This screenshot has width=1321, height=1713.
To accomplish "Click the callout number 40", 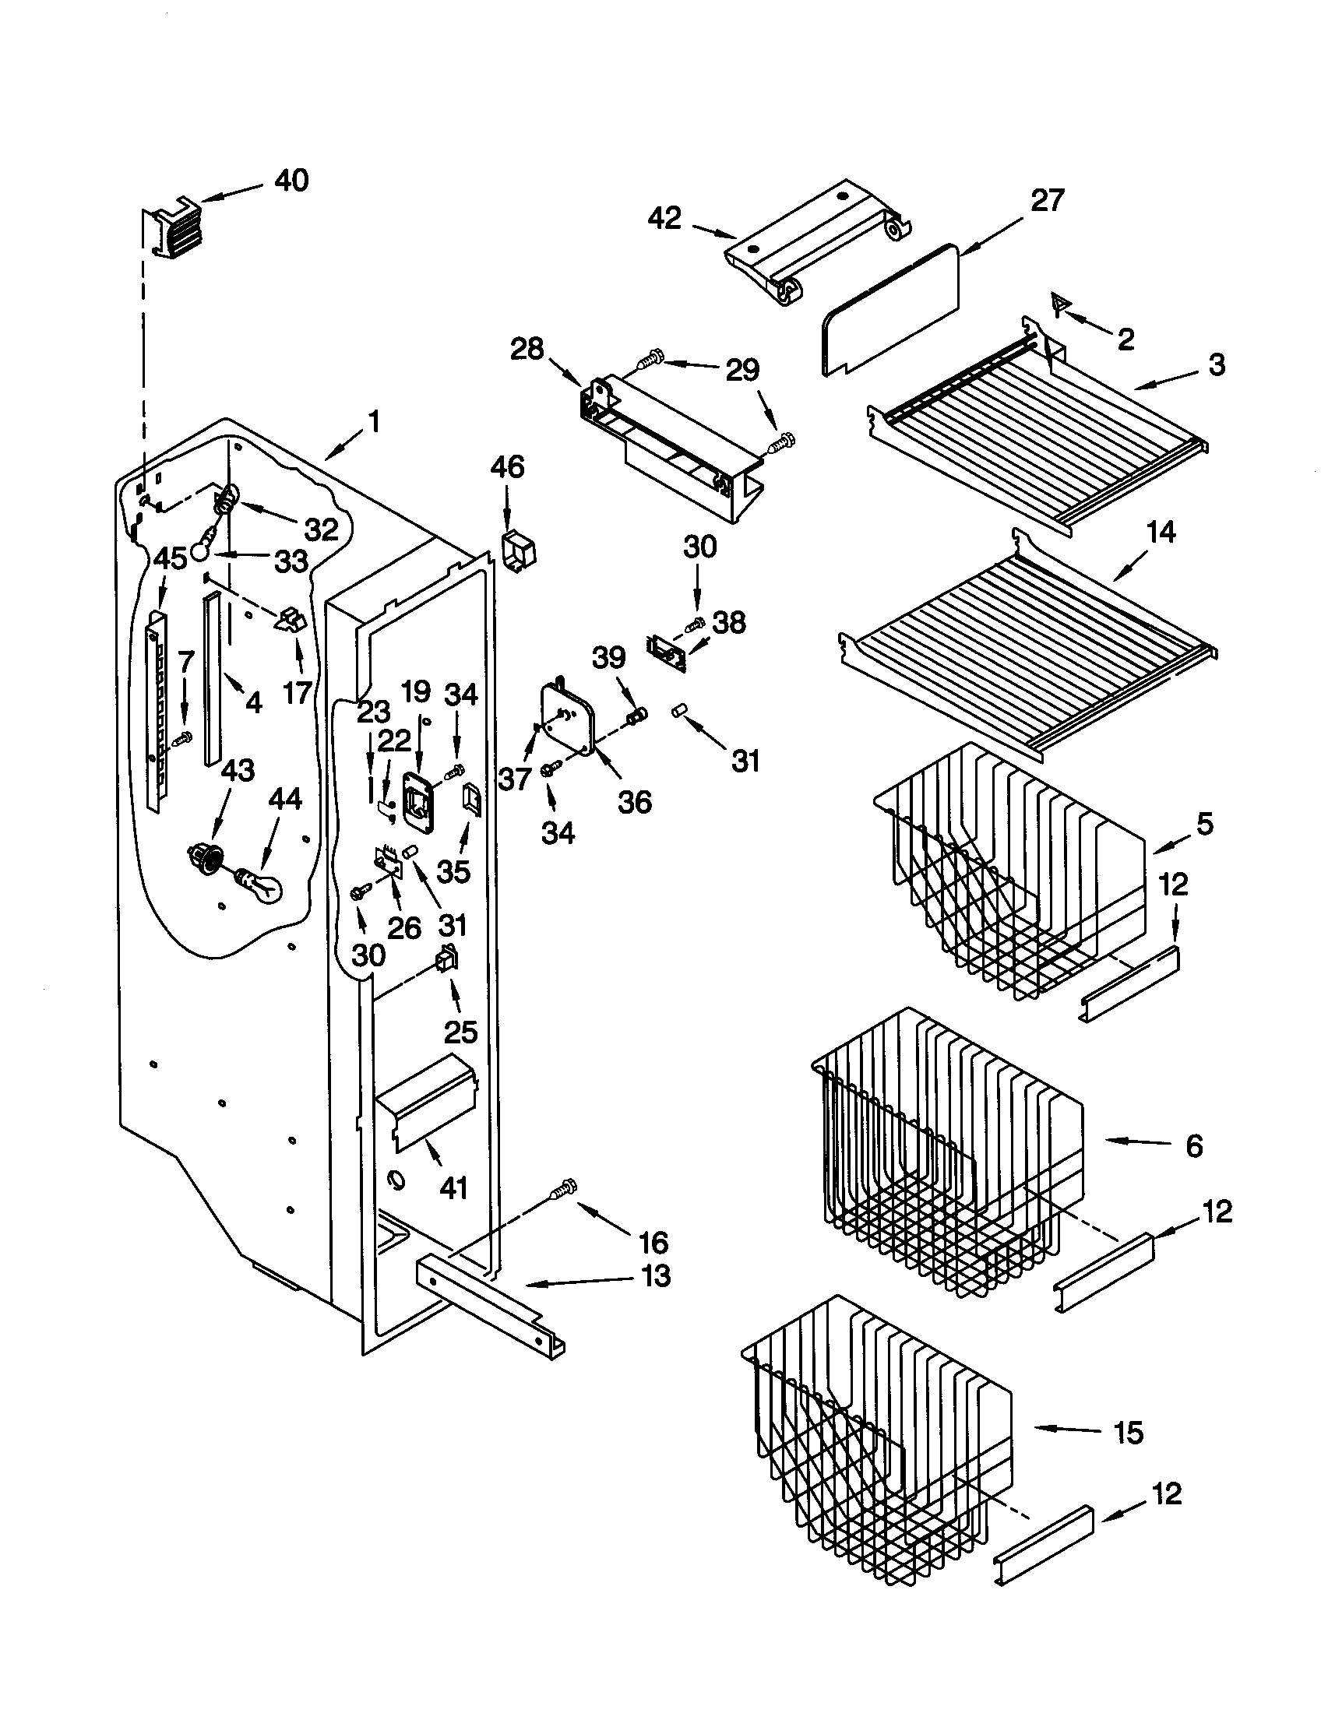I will pyautogui.click(x=291, y=181).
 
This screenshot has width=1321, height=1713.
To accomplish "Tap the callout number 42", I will pyautogui.click(x=664, y=218).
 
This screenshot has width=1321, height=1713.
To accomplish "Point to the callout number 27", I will pyautogui.click(x=1047, y=201).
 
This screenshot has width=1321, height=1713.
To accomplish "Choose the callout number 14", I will pyautogui.click(x=1161, y=533).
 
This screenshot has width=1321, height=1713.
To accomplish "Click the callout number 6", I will pyautogui.click(x=1193, y=1146).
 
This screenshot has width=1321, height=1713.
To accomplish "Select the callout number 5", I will pyautogui.click(x=1204, y=824).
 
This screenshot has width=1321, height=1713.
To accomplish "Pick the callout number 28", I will pyautogui.click(x=527, y=349).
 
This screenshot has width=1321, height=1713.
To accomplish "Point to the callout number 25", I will pyautogui.click(x=460, y=1032).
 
